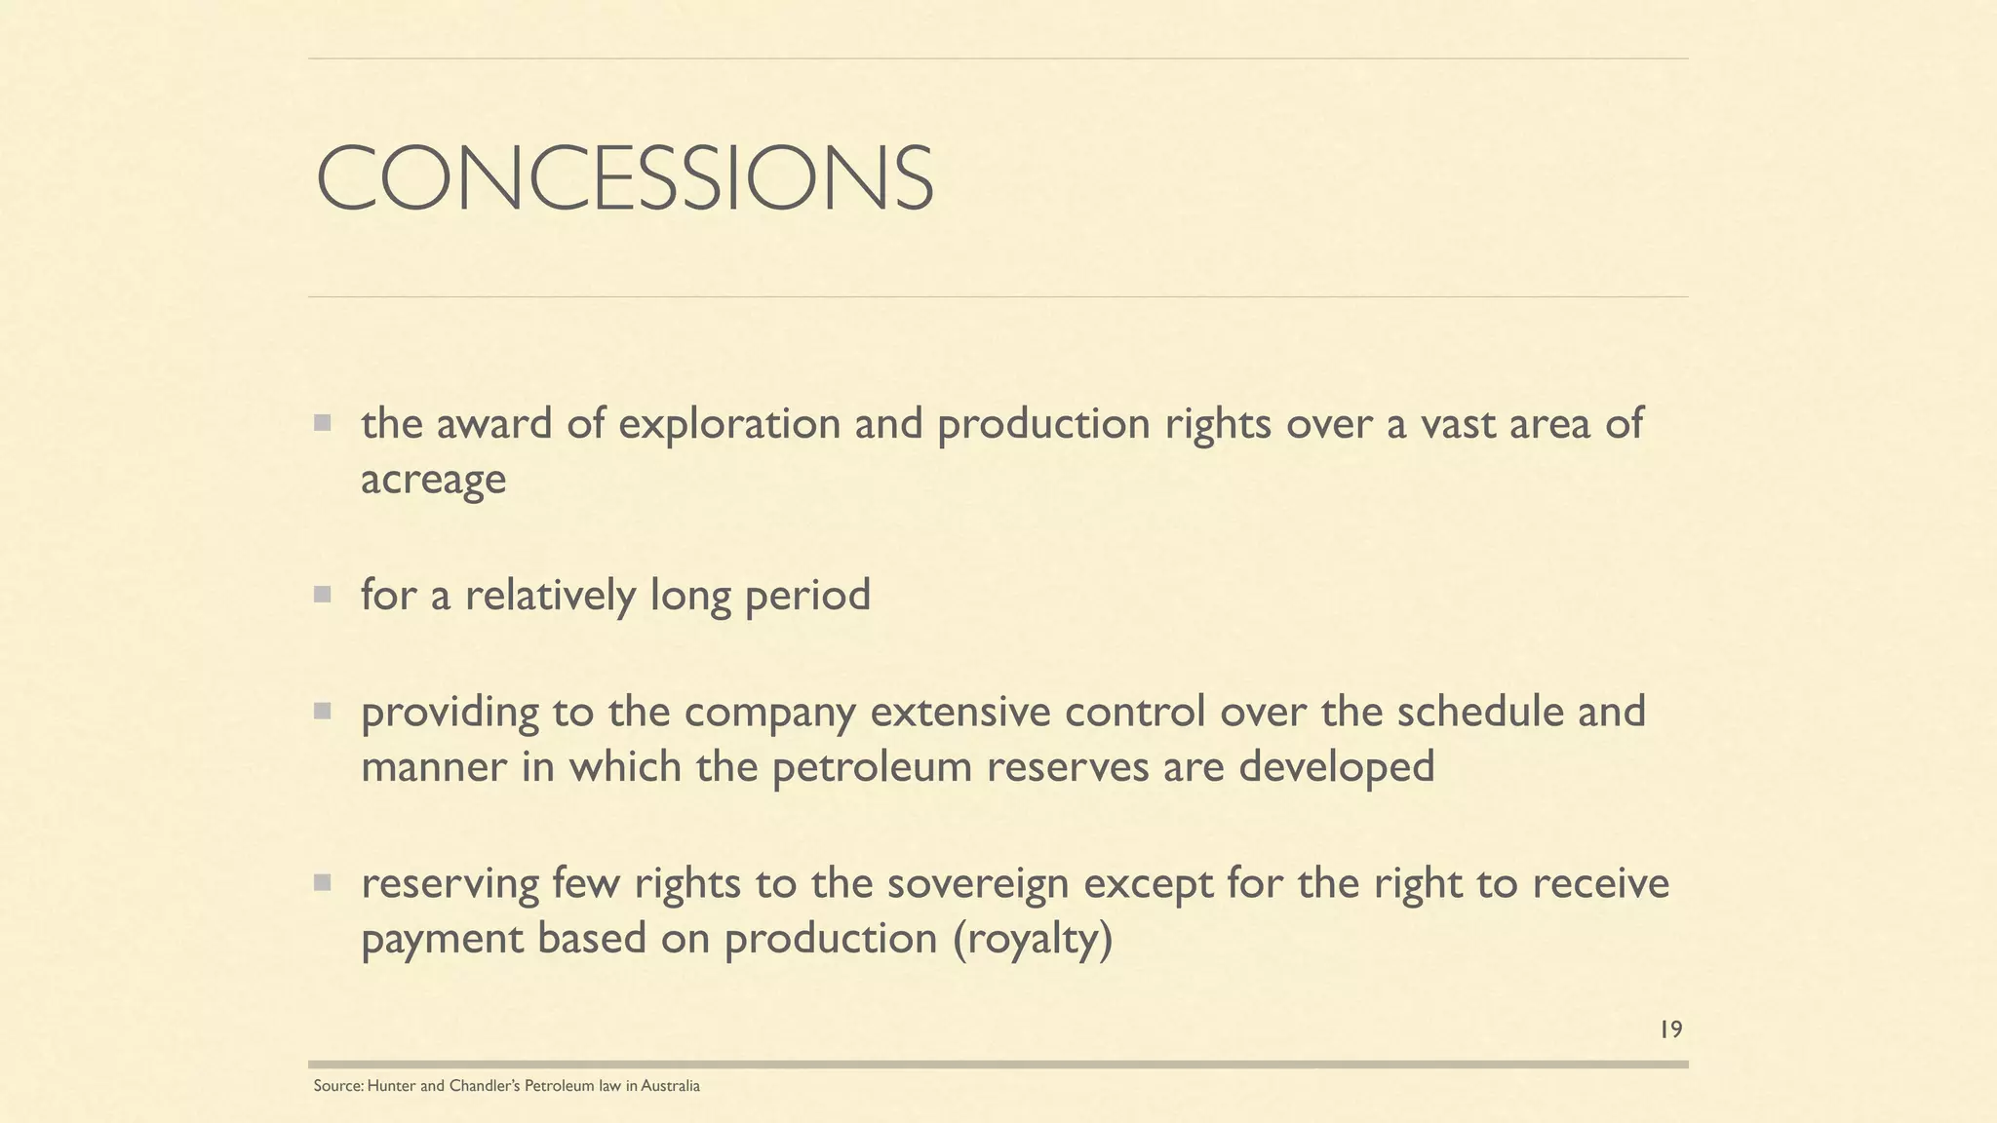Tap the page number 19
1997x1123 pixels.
1670,1029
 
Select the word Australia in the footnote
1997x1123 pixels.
670,1086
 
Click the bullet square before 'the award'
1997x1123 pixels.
322,423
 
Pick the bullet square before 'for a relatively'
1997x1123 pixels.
322,595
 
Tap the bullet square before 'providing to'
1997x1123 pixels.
322,712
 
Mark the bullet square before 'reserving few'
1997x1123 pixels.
322,883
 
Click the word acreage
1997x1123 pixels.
433,480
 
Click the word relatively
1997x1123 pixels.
550,596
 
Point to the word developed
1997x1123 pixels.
1336,767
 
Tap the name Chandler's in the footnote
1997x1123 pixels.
485,1086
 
